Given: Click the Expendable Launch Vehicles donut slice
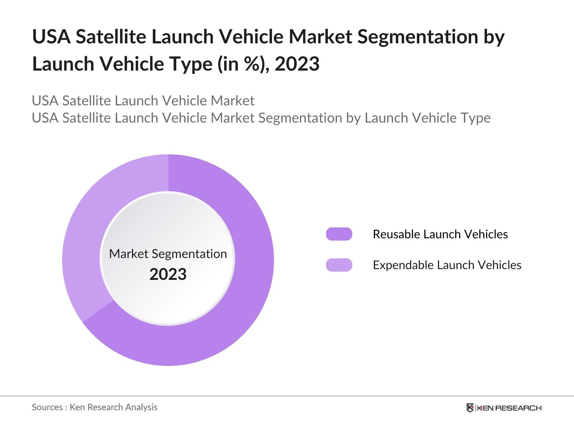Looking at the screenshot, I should (86, 229).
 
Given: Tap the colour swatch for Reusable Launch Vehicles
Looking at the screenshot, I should (339, 234).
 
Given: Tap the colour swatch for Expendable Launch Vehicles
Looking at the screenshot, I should (339, 265).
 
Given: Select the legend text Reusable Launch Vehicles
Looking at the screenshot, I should (440, 234).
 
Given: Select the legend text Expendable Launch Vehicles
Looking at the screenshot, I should (447, 265).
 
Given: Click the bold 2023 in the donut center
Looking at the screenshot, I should (168, 274).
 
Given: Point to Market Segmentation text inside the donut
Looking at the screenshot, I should (168, 254).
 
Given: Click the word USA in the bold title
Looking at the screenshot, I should (51, 37).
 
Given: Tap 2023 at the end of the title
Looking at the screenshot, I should (297, 64).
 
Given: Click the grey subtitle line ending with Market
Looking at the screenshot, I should (143, 101).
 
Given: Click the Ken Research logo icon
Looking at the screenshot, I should (470, 408).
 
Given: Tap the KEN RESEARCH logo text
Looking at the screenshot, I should (509, 408).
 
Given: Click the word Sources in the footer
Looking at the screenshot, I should (47, 407).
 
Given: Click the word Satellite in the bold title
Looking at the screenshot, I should (111, 37).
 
